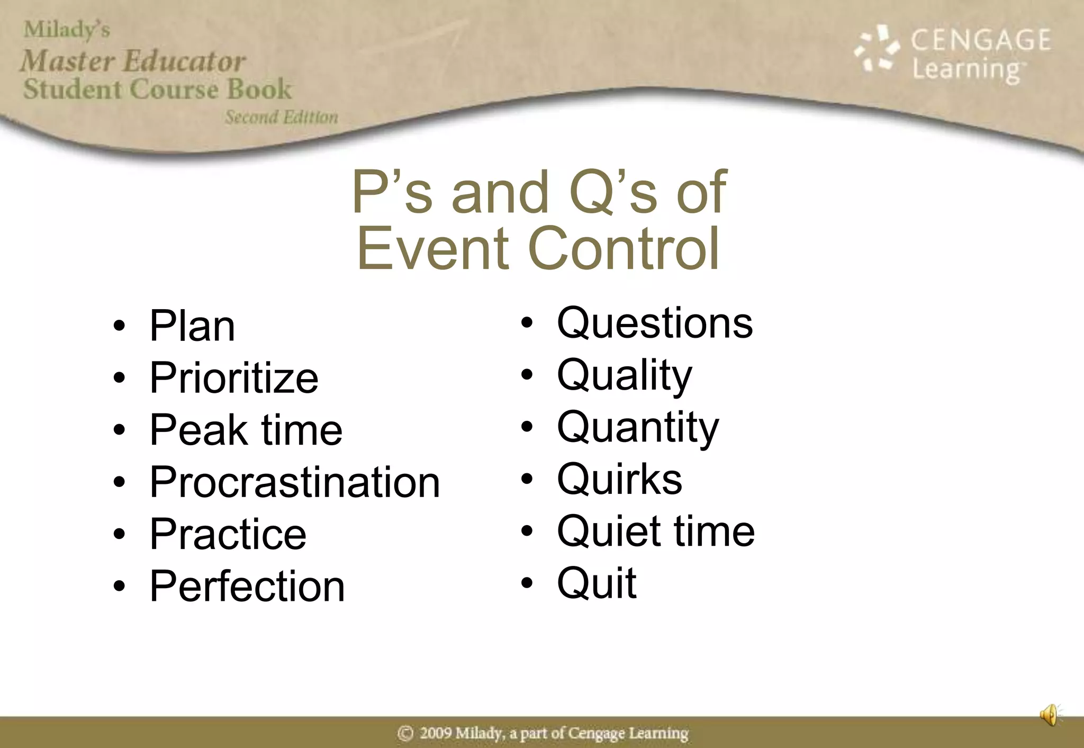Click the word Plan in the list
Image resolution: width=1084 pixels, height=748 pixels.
(192, 326)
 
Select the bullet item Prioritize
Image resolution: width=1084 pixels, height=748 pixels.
(234, 378)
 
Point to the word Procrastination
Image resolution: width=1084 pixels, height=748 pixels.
(295, 482)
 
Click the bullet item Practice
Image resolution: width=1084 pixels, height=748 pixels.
(228, 534)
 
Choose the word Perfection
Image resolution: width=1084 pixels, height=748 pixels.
(247, 586)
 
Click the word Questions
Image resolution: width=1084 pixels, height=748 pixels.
(655, 323)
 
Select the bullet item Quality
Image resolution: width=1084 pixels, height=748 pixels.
(625, 375)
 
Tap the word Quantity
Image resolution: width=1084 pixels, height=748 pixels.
(638, 427)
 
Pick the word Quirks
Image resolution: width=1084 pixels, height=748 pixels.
(620, 479)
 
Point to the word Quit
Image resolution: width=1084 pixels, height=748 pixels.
(597, 583)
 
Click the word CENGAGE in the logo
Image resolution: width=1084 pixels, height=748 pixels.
(980, 40)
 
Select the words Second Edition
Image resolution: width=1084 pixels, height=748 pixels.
(281, 117)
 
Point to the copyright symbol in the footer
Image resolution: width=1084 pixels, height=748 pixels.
(405, 733)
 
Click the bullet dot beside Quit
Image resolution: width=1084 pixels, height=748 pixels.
(527, 583)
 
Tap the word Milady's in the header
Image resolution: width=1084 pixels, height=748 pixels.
(67, 30)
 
